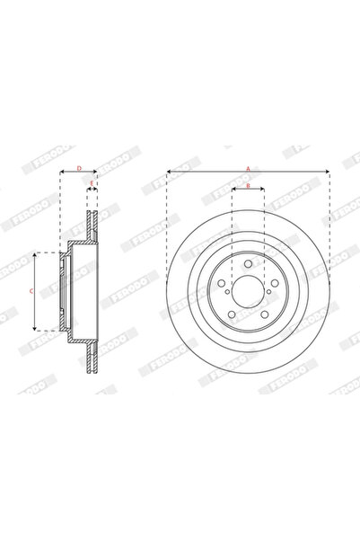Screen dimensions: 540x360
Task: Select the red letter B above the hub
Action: [248, 186]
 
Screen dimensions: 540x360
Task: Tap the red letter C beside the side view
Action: [30, 292]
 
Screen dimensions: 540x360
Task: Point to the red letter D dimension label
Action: [78, 167]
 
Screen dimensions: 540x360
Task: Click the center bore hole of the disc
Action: [248, 290]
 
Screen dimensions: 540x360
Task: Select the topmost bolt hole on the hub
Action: [248, 264]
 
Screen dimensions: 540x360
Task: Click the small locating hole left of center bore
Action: [228, 290]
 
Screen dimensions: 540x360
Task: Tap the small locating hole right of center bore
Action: [268, 290]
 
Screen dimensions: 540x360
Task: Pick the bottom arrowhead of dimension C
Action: [34, 328]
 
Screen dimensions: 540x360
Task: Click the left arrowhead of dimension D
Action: [62, 172]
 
